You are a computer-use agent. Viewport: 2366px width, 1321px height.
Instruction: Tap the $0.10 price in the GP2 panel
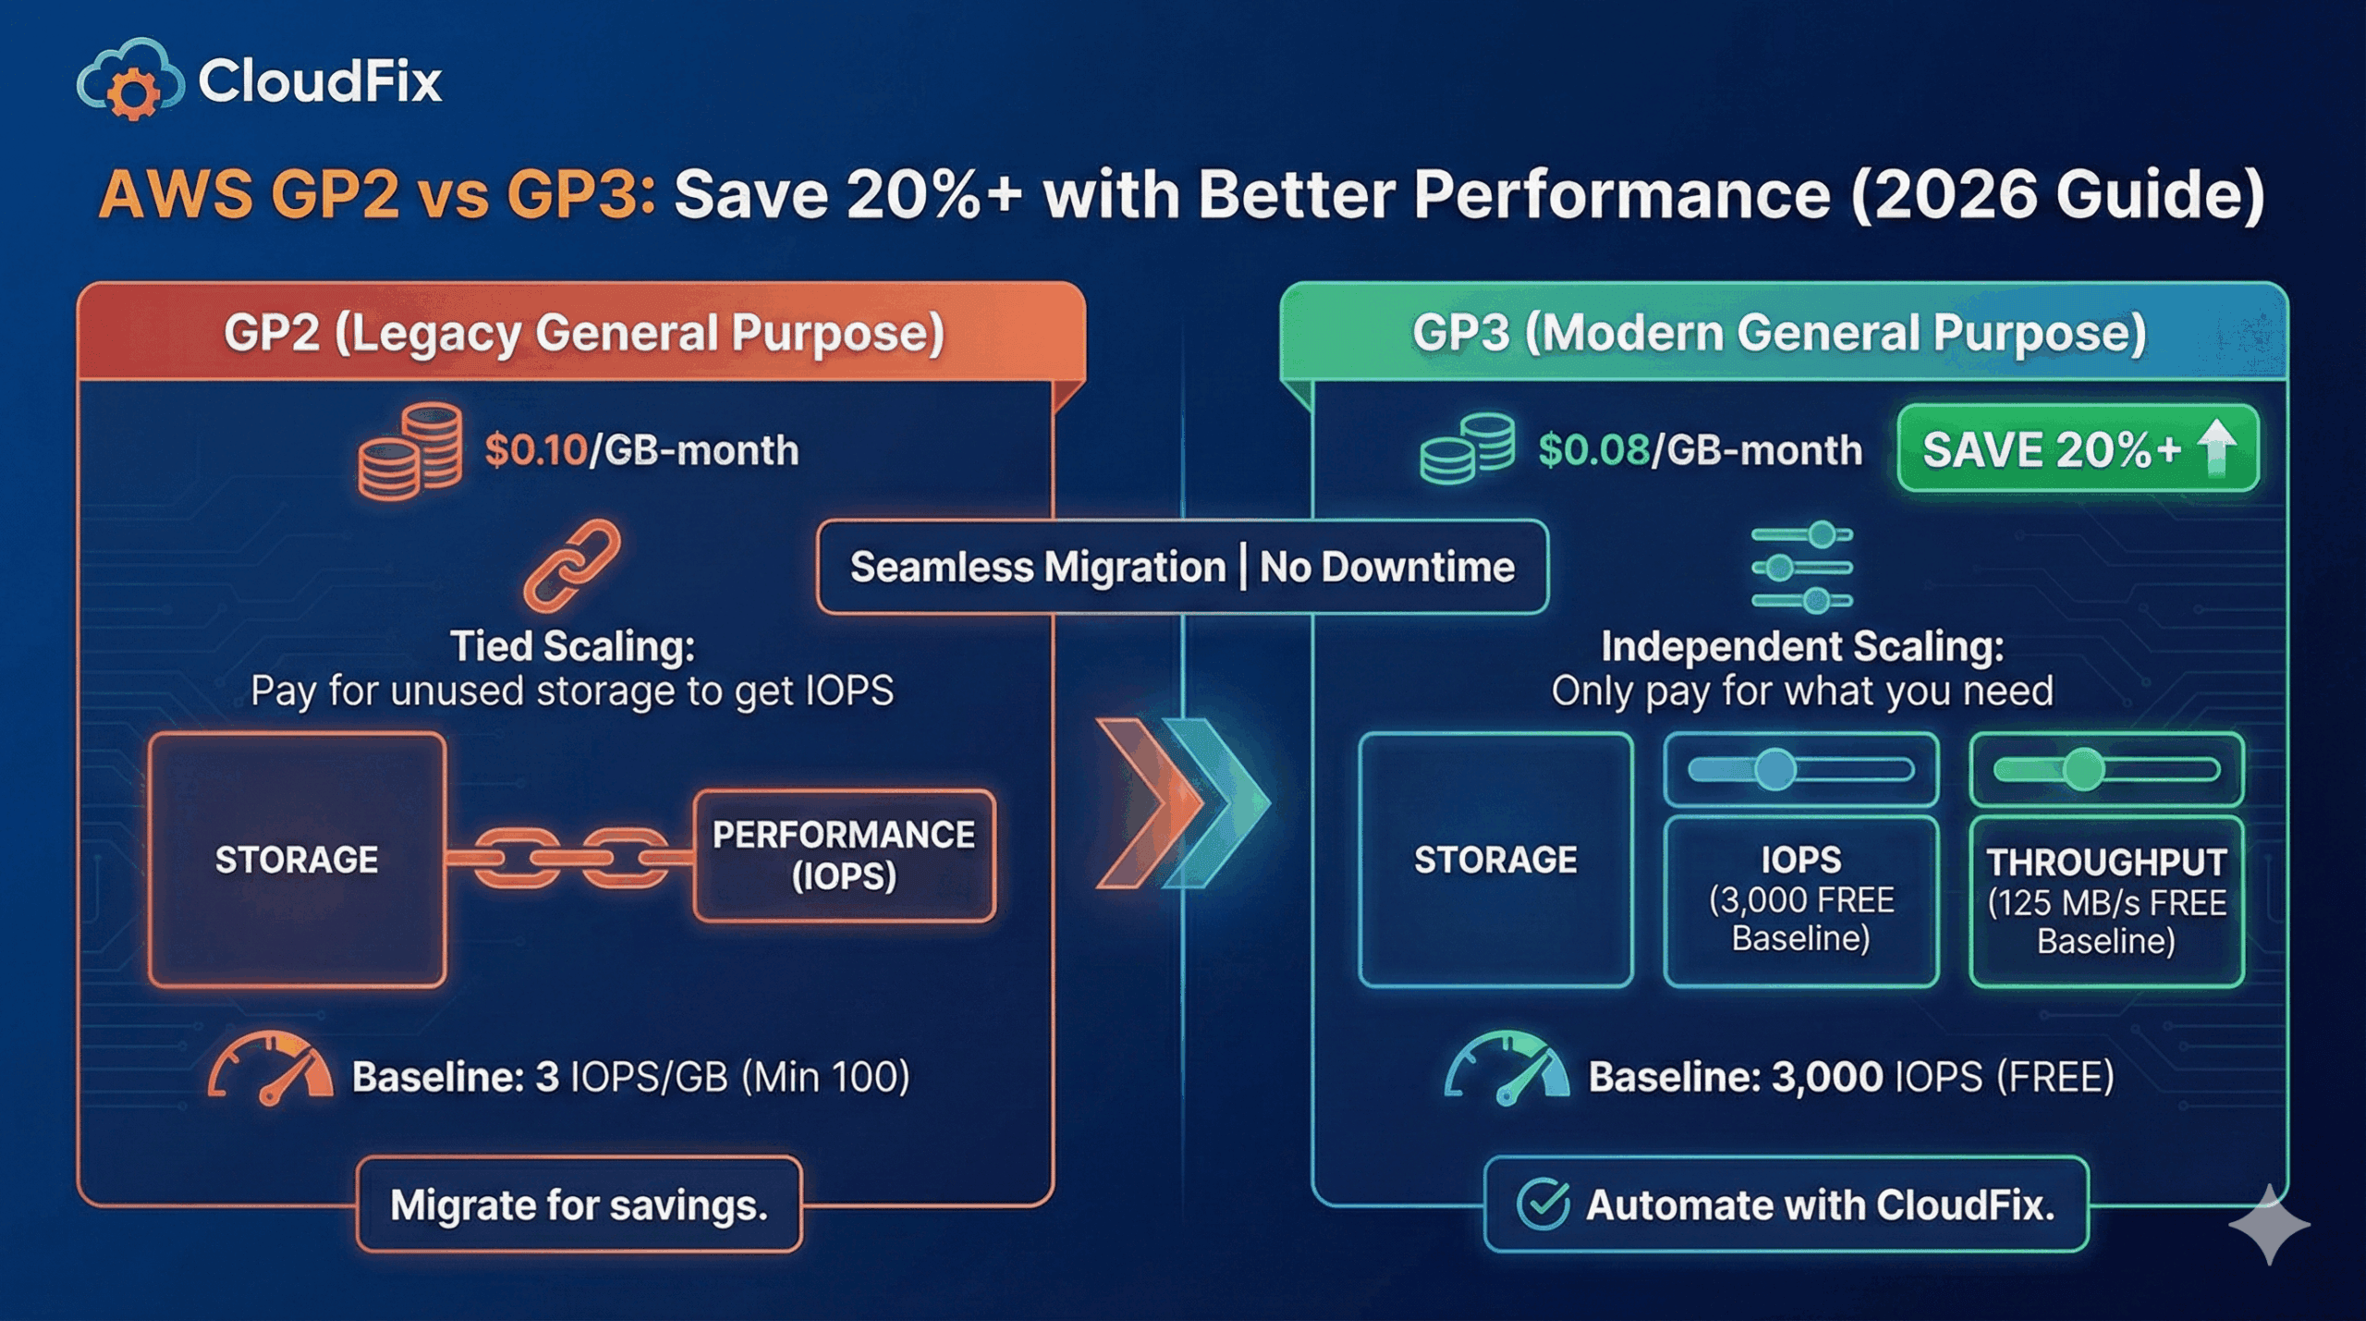(x=536, y=450)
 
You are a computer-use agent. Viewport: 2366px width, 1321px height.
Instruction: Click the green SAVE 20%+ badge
(x=2078, y=449)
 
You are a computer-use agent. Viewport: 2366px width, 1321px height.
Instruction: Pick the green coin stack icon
(x=1467, y=449)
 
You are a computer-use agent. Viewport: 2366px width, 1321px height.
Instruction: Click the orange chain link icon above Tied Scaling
(x=572, y=565)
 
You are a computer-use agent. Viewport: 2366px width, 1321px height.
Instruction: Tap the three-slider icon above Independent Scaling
(x=1802, y=567)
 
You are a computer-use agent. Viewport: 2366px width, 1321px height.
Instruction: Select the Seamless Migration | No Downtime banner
(x=1182, y=567)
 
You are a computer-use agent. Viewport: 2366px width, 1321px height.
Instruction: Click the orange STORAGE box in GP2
(x=297, y=860)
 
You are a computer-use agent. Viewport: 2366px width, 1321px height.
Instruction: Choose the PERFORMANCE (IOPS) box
(x=843, y=855)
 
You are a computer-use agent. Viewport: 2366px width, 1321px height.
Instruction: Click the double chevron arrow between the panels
(x=1183, y=802)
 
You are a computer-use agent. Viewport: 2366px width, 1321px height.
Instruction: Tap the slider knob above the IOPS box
(x=1774, y=769)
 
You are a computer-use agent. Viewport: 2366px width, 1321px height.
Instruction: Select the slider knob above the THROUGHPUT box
(x=2083, y=769)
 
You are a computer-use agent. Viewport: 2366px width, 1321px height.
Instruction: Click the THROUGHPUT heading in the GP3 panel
(x=2106, y=862)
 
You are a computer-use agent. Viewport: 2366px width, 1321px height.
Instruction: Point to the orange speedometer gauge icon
(x=271, y=1070)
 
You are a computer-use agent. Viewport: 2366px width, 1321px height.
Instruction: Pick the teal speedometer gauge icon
(x=1506, y=1070)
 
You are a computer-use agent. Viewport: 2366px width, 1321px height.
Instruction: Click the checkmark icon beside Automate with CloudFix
(x=1543, y=1204)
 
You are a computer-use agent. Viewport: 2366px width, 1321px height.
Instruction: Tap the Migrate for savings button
(x=579, y=1205)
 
